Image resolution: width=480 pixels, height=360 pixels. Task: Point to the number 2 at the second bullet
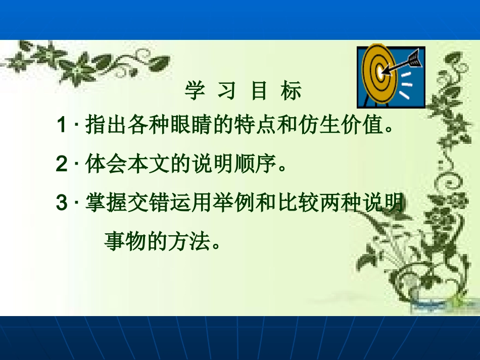point(62,165)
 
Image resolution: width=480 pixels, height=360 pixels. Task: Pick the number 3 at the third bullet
point(62,204)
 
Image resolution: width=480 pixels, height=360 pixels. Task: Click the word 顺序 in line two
point(263,165)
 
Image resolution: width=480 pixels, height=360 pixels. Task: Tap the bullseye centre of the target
point(380,73)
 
